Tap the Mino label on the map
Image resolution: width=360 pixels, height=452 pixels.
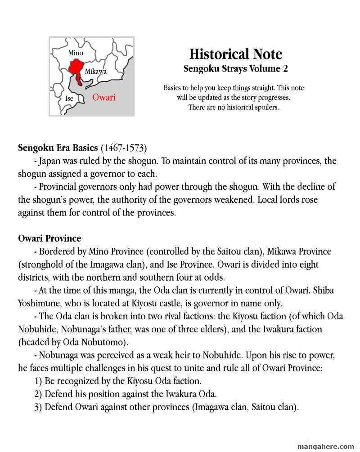tap(76, 53)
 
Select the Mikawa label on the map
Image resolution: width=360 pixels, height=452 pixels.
tap(95, 72)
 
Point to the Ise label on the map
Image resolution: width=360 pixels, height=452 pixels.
tap(69, 98)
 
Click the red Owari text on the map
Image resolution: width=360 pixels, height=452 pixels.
tap(104, 97)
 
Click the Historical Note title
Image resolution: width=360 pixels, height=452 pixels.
tap(235, 54)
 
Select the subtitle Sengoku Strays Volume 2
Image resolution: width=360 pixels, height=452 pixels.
tap(235, 69)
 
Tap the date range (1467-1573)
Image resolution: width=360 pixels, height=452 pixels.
tap(124, 148)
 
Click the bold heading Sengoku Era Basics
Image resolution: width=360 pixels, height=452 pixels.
tap(58, 148)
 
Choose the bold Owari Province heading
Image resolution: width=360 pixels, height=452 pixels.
tap(49, 238)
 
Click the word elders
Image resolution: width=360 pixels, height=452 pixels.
tap(227, 329)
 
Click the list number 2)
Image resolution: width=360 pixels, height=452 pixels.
tap(39, 394)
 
